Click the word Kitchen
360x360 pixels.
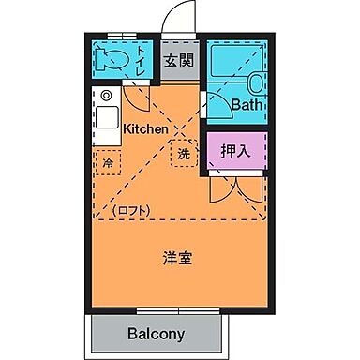click(145, 128)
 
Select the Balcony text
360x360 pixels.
click(157, 334)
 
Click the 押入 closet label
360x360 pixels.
click(235, 149)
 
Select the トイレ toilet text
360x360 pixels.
click(142, 59)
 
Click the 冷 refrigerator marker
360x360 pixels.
click(107, 161)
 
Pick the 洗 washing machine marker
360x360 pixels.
click(184, 153)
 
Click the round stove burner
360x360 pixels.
click(106, 96)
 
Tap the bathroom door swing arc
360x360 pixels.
click(217, 99)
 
